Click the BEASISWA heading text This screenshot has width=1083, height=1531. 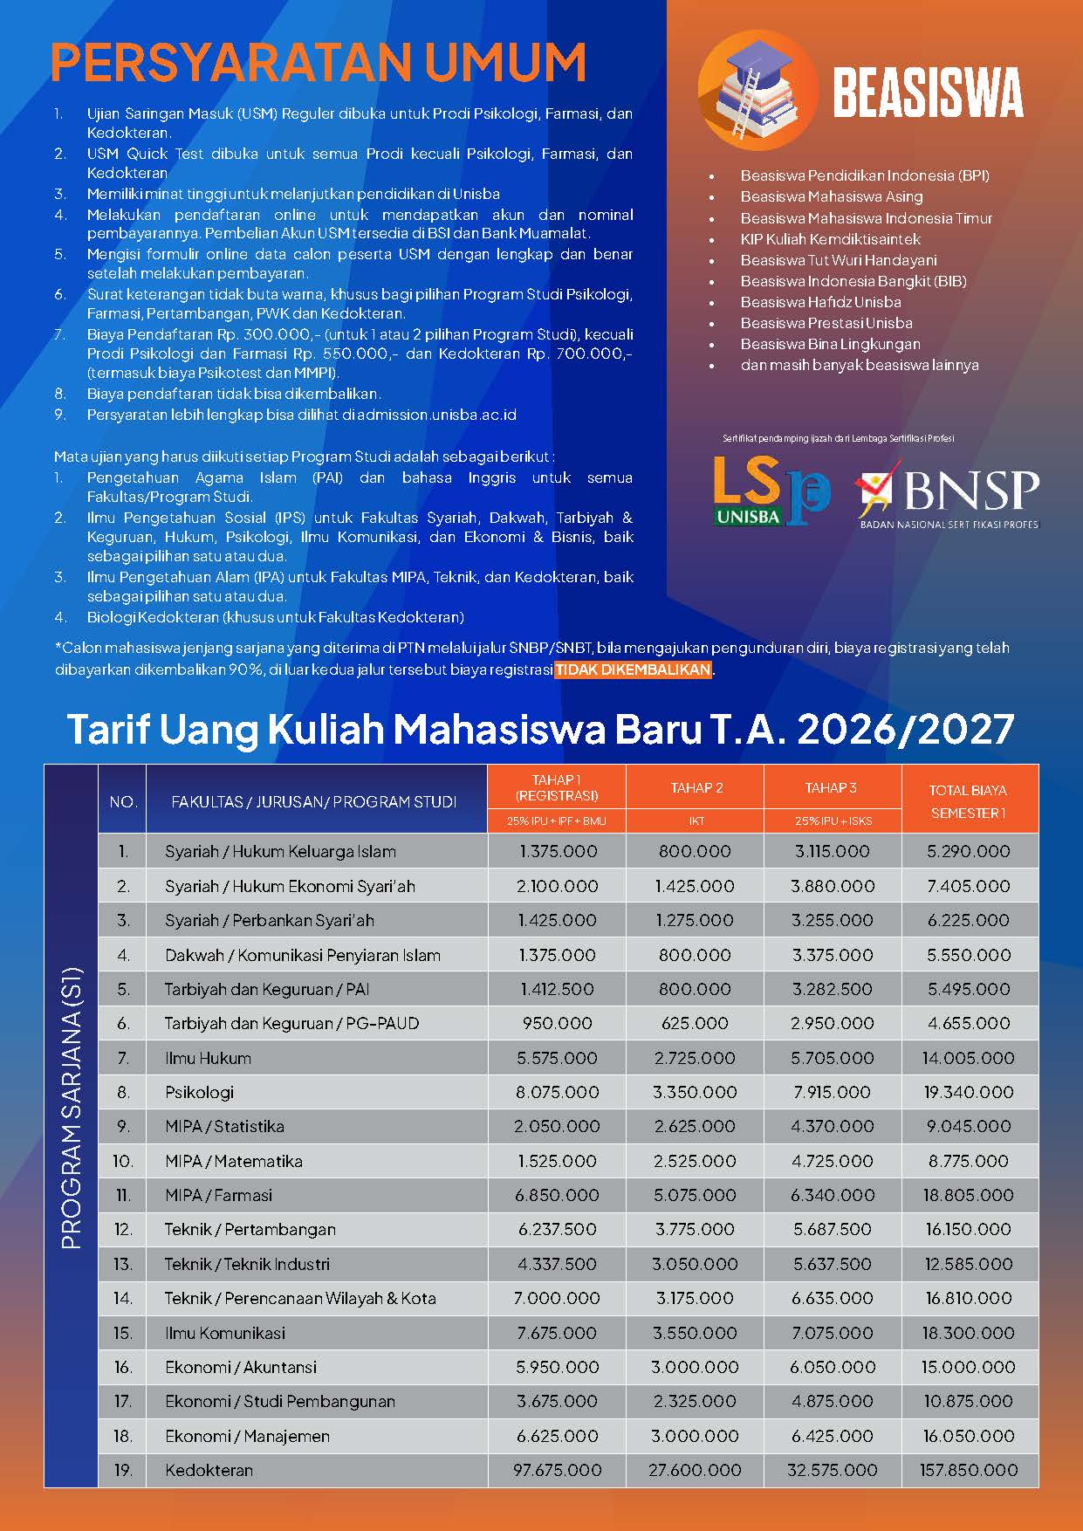928,93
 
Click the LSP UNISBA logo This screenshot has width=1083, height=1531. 771,490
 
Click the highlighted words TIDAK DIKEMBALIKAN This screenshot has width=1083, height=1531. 634,670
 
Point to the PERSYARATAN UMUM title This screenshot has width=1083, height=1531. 319,62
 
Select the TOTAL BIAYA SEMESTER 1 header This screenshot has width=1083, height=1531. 969,800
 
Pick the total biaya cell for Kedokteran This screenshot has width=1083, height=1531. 969,1470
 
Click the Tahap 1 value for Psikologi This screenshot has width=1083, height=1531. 558,1092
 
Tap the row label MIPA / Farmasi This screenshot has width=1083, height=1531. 218,1195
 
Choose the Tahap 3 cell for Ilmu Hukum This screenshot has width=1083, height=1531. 832,1058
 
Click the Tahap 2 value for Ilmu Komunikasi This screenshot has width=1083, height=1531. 696,1333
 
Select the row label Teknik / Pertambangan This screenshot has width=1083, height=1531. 250,1229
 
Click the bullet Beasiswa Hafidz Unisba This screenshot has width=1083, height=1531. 820,302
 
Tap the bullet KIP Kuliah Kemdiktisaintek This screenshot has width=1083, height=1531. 830,239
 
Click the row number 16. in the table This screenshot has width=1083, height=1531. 123,1367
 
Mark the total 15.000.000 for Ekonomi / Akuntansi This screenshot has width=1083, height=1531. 969,1367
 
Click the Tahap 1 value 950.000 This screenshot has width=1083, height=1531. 558,1023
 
